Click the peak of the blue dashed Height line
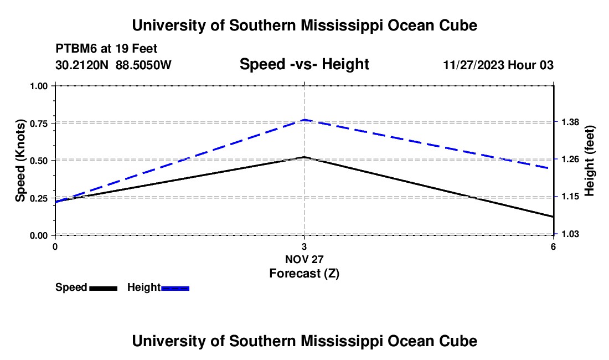click(x=304, y=120)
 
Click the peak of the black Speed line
click(x=304, y=157)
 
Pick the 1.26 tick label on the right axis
click(x=570, y=159)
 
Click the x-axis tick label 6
click(x=553, y=246)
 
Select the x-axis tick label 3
click(x=304, y=246)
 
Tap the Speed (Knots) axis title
click(x=20, y=161)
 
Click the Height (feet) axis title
click(x=589, y=161)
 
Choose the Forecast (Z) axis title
click(x=304, y=274)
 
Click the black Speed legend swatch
click(x=104, y=288)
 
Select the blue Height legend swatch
click(x=175, y=288)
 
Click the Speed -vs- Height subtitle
click(x=304, y=64)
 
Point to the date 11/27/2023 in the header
click(x=473, y=65)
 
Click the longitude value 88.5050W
click(x=143, y=65)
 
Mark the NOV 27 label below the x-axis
click(x=304, y=259)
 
